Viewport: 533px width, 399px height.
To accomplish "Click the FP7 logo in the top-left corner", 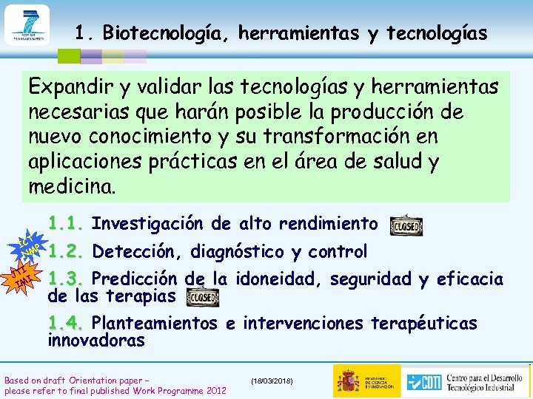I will click(26, 25).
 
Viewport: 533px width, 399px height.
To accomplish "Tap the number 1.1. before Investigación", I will click(68, 223).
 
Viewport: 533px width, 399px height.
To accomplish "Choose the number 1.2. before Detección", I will click(68, 252).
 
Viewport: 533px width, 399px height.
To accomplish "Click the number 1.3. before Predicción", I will click(68, 279).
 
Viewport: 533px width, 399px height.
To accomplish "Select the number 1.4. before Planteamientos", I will click(68, 324).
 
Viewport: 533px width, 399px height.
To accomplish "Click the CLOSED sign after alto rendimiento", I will click(406, 225).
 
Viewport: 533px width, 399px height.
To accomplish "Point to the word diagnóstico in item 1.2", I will click(237, 252).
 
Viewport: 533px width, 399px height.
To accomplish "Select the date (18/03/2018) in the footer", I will click(272, 380).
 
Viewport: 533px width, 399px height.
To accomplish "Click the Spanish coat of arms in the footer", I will click(347, 381).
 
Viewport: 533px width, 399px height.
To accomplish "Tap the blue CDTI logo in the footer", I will click(422, 381).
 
